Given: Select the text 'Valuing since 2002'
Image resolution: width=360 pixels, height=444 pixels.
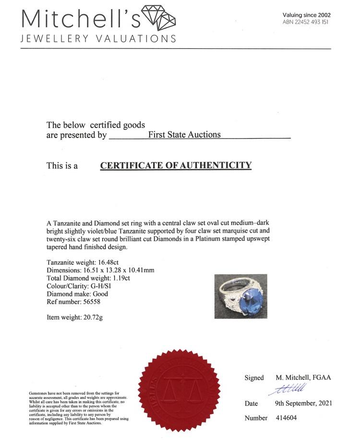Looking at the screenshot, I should tap(307, 15).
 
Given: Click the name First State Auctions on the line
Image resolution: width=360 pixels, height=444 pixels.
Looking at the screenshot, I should tap(184, 135).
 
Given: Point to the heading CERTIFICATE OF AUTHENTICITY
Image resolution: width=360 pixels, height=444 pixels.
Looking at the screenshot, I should tap(176, 166).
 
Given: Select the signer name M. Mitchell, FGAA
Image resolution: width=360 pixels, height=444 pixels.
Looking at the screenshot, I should tap(303, 377).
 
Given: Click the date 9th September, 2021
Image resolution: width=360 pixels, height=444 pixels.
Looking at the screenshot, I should tap(303, 403).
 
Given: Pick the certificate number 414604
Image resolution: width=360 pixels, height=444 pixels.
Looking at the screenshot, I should tap(286, 418).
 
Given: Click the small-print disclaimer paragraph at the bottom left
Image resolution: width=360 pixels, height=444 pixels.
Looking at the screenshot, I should tap(79, 408).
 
